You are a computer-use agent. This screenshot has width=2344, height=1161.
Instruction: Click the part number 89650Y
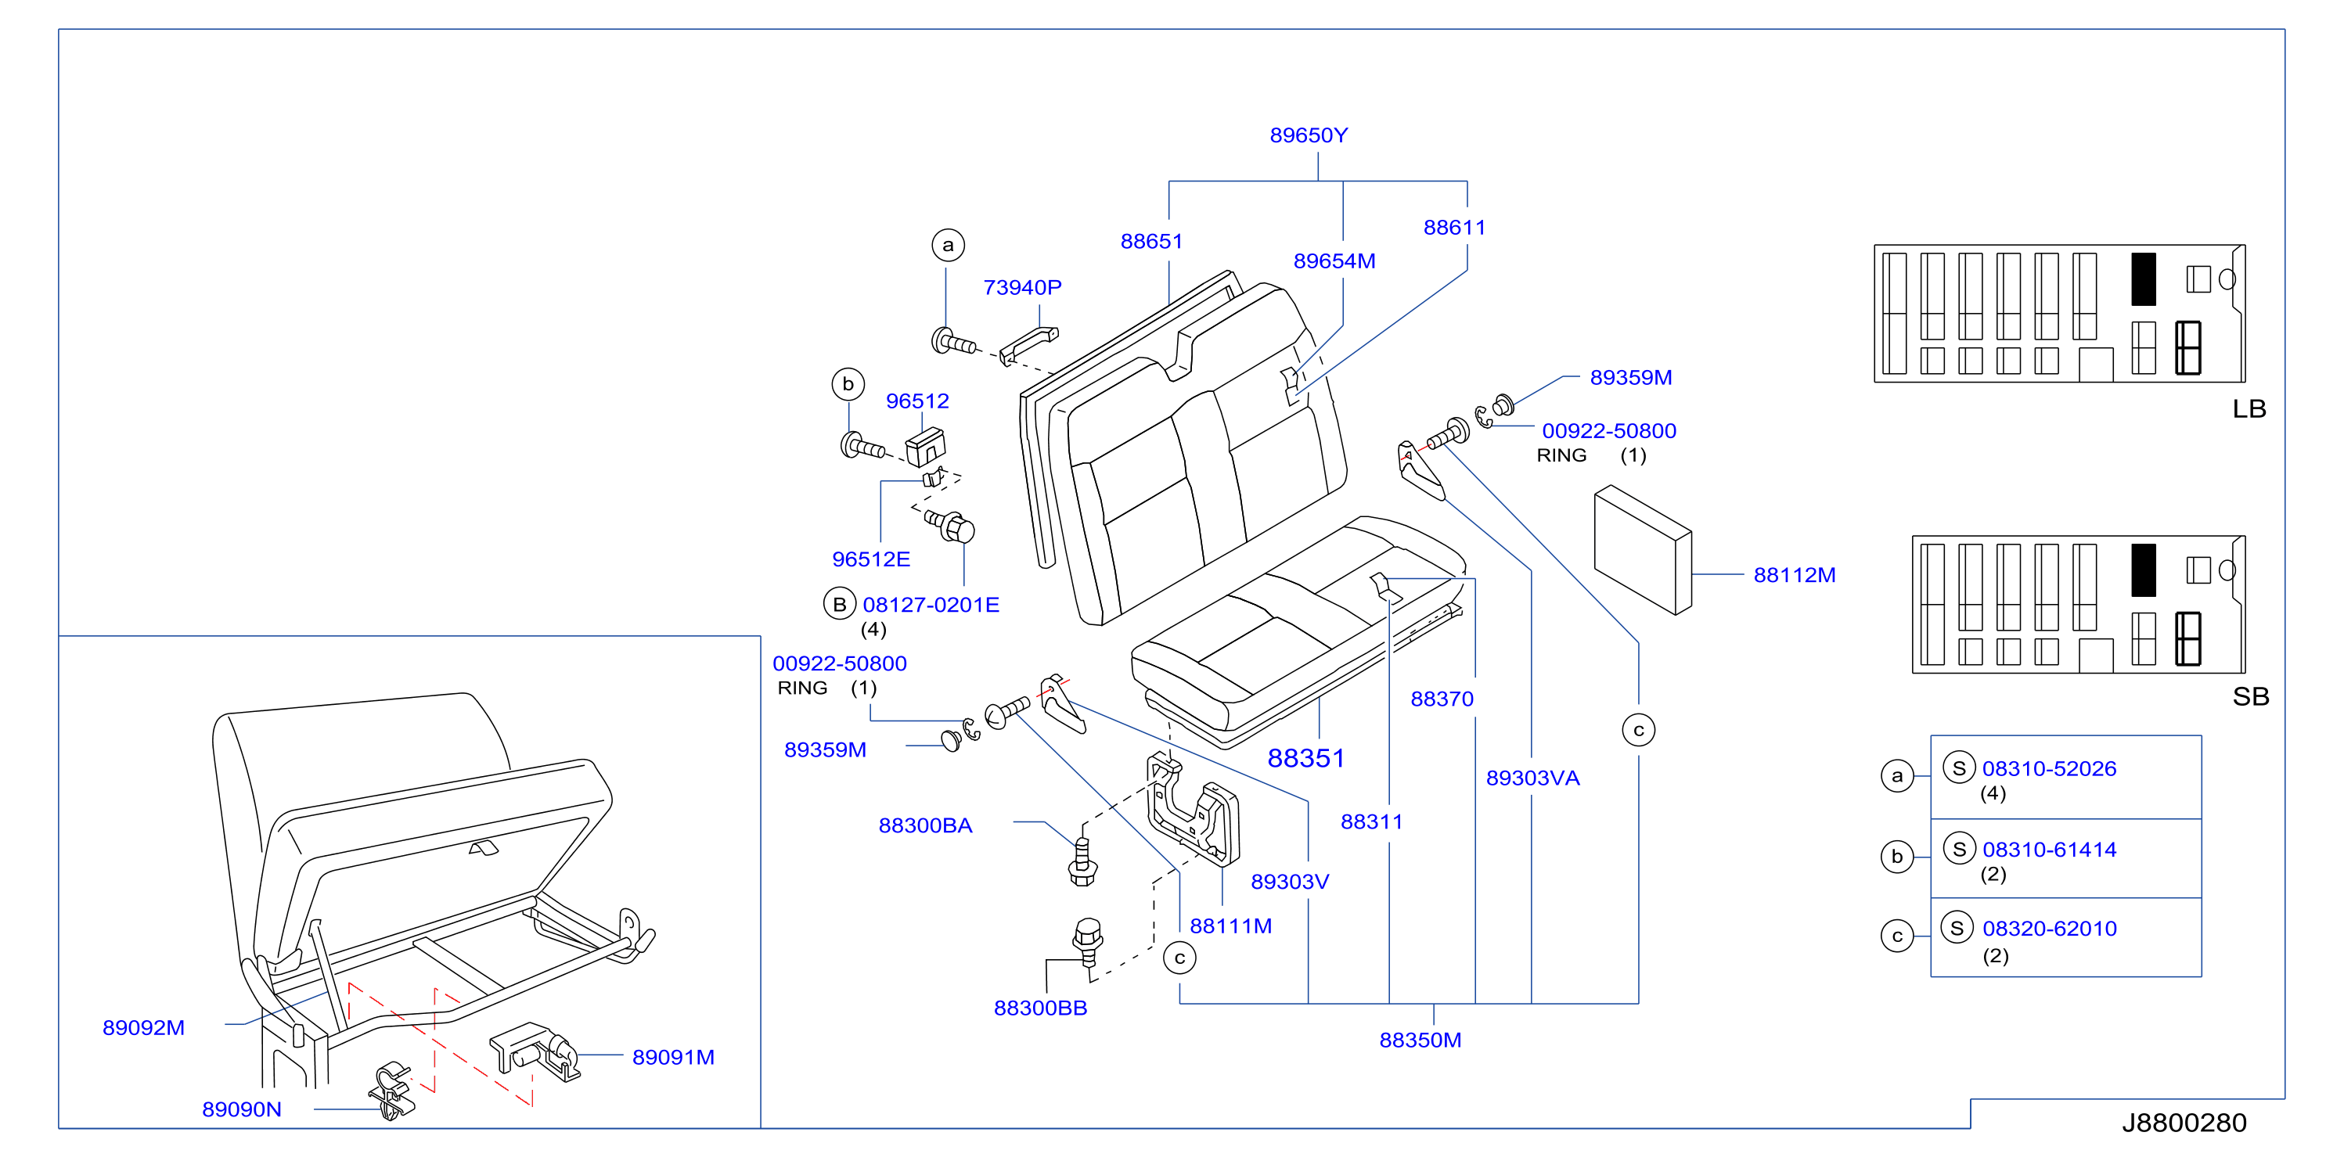click(1309, 135)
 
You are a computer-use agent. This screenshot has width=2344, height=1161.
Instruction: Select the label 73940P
click(1022, 288)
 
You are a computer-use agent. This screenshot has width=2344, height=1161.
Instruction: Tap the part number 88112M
click(1795, 575)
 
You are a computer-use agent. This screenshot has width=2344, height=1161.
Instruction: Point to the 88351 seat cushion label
click(1305, 758)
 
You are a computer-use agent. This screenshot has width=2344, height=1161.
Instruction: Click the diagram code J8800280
click(2184, 1123)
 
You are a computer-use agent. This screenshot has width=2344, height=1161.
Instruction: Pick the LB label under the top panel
click(2249, 408)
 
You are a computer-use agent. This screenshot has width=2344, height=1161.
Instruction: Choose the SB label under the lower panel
click(2250, 697)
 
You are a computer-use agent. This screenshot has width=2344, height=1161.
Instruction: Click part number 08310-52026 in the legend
click(2049, 769)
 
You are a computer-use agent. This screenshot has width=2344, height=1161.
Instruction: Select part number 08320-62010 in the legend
click(2049, 929)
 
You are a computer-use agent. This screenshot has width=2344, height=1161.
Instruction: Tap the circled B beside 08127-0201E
click(839, 604)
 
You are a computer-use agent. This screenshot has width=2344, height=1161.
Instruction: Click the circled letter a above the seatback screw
click(948, 245)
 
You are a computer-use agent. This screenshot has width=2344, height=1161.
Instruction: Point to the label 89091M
click(673, 1057)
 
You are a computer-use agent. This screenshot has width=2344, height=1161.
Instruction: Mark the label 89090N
click(242, 1109)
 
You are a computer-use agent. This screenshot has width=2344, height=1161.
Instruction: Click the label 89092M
click(144, 1028)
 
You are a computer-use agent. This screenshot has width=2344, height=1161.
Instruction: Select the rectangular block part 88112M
click(1643, 549)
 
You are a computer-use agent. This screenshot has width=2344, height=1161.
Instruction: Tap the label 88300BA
click(925, 825)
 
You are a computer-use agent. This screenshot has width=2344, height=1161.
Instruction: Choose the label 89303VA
click(1532, 778)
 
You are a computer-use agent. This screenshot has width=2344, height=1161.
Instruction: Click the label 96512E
click(871, 559)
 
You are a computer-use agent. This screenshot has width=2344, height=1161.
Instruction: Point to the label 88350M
click(1420, 1040)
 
